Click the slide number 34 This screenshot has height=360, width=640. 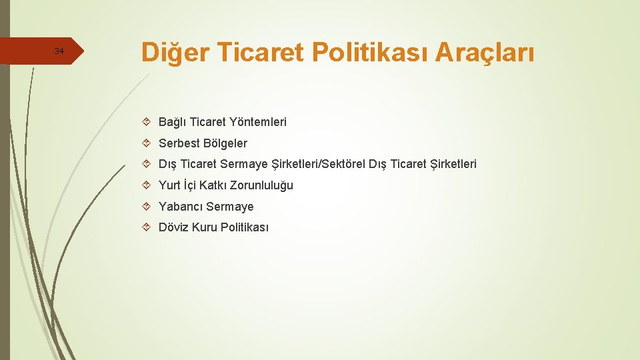click(x=59, y=51)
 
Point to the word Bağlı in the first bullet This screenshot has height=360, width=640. click(x=172, y=122)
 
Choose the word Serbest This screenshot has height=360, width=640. click(x=179, y=143)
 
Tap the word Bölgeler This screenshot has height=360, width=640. click(x=225, y=143)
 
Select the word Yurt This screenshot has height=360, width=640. click(x=169, y=185)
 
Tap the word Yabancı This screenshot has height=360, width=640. click(x=181, y=207)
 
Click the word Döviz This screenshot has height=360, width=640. click(x=173, y=227)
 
